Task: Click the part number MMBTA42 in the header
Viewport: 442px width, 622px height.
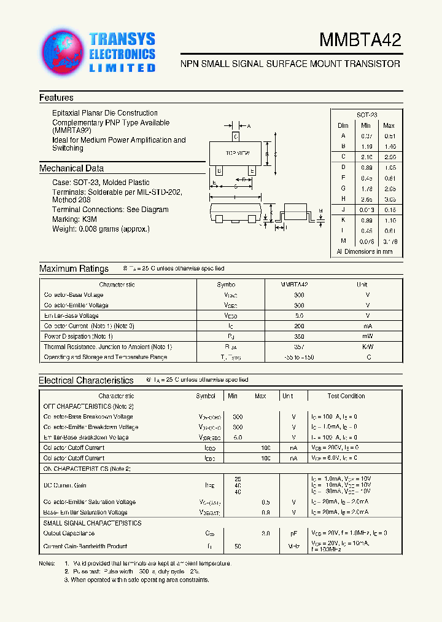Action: pyautogui.click(x=360, y=41)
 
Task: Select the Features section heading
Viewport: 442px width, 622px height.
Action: pyautogui.click(x=56, y=98)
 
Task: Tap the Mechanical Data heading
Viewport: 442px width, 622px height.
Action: pyautogui.click(x=71, y=168)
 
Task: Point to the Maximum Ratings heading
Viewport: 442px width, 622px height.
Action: pyautogui.click(x=74, y=269)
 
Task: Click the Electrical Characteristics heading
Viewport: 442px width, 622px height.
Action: pyautogui.click(x=86, y=380)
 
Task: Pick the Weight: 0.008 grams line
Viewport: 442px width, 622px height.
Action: pyautogui.click(x=101, y=229)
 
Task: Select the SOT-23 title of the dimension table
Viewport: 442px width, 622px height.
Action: pyautogui.click(x=367, y=115)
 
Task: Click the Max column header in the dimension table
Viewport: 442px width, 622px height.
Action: pyautogui.click(x=389, y=125)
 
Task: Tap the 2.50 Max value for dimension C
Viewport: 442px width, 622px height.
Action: pyautogui.click(x=389, y=157)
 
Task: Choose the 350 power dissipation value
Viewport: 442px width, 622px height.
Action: pyautogui.click(x=299, y=336)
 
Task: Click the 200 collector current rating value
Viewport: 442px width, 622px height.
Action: pyautogui.click(x=299, y=326)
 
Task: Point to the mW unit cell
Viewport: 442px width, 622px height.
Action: pyautogui.click(x=367, y=336)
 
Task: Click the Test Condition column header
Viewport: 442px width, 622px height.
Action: pyautogui.click(x=346, y=396)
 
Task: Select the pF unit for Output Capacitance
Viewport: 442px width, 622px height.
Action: pyautogui.click(x=294, y=533)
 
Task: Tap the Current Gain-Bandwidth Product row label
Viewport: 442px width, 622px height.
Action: pyautogui.click(x=85, y=546)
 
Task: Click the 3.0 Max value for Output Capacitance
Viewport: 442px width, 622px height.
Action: pyautogui.click(x=266, y=533)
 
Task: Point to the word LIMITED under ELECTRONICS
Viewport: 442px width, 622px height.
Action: pyautogui.click(x=122, y=68)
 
